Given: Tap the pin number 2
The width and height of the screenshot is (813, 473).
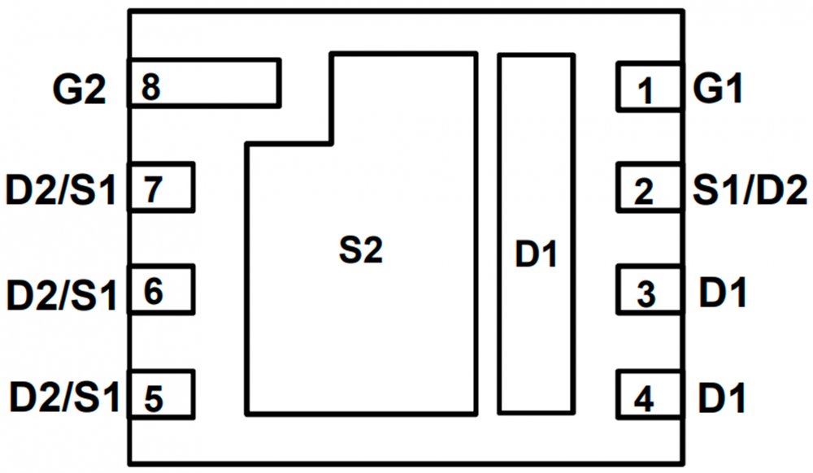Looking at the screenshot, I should click(643, 193).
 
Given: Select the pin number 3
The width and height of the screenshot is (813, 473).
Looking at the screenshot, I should click(645, 294).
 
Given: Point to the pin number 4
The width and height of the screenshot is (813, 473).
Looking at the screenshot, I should click(643, 399).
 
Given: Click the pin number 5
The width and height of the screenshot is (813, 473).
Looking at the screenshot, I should click(153, 399).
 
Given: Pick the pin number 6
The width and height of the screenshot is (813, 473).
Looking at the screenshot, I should click(153, 289).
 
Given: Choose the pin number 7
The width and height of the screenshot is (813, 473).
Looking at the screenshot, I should click(153, 190).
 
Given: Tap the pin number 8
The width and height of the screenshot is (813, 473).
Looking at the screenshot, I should click(150, 86).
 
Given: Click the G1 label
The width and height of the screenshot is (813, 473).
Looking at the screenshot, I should click(719, 89).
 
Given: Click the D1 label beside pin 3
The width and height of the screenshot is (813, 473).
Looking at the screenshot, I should click(723, 293).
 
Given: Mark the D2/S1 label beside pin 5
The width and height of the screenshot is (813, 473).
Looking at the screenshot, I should click(64, 398).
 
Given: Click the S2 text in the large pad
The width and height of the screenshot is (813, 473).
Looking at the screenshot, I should click(360, 252).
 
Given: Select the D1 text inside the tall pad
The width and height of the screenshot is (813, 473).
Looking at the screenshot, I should click(537, 255).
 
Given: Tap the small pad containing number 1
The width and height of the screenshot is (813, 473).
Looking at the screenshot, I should click(649, 87).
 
